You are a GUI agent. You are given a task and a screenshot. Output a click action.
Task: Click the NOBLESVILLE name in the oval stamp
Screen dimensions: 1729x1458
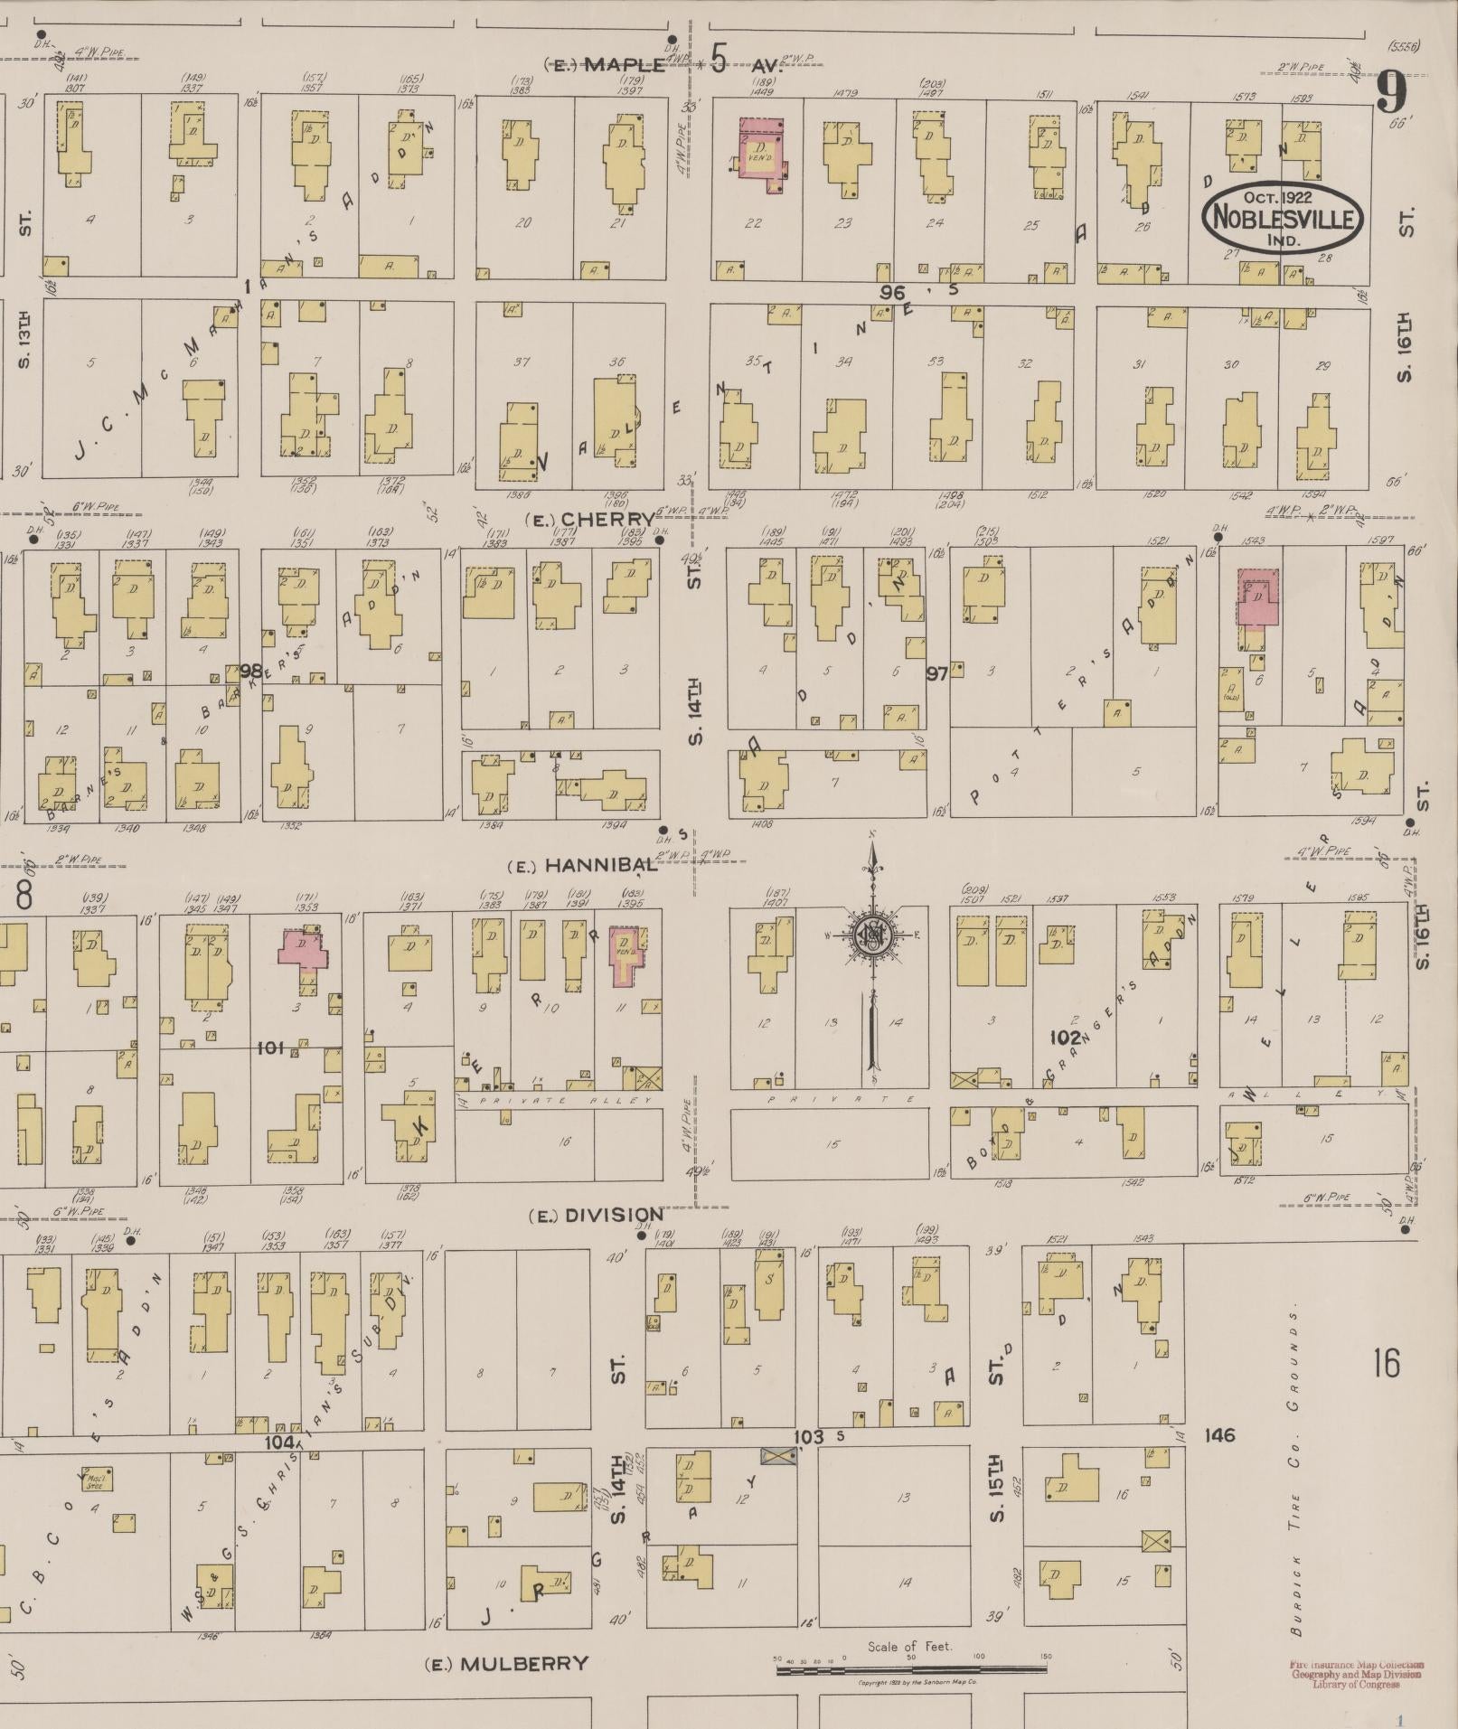1282,218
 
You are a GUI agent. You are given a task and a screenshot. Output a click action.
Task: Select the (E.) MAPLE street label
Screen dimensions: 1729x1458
607,64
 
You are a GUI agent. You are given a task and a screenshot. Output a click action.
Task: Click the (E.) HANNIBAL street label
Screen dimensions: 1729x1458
582,866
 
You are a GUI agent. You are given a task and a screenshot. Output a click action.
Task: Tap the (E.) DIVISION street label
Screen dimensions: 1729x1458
597,1215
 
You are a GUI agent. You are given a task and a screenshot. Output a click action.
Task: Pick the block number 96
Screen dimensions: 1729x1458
892,291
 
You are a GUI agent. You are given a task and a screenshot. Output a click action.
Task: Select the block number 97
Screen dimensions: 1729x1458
937,672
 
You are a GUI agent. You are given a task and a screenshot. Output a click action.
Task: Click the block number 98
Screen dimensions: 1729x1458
250,671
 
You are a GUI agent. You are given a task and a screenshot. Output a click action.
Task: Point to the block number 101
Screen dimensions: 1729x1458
270,1048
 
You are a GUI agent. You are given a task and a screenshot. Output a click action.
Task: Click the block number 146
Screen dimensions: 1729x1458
1220,1435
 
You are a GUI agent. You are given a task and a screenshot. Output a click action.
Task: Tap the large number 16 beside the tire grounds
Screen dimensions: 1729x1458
1386,1362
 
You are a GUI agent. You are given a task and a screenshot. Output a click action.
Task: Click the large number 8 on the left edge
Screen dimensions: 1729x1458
24,896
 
